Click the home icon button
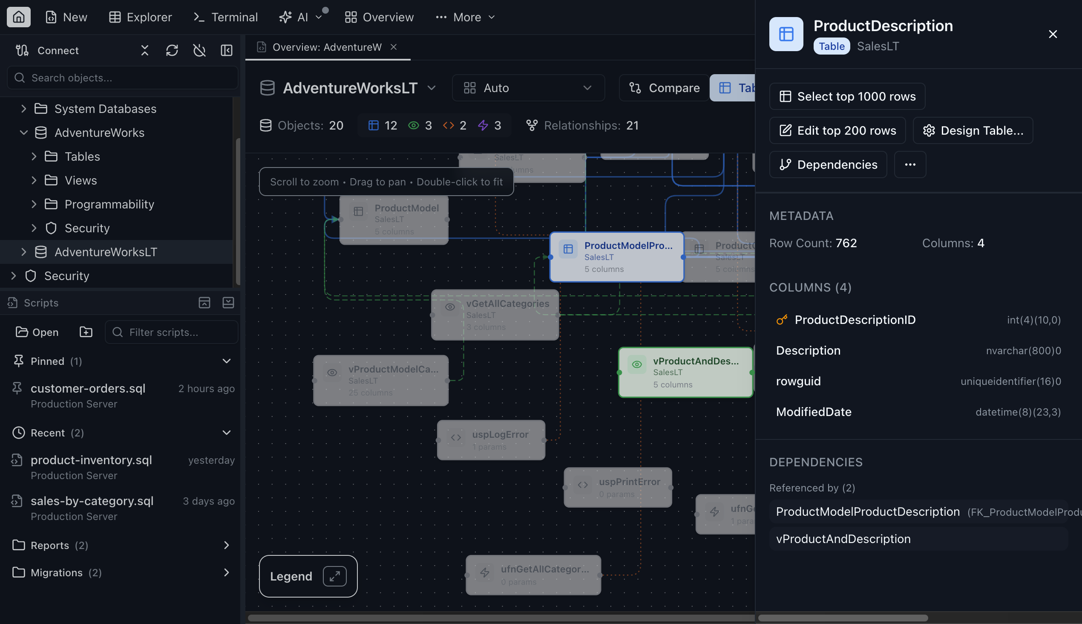click(x=18, y=17)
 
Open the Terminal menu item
click(x=226, y=17)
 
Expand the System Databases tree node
click(x=24, y=109)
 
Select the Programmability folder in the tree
click(x=109, y=205)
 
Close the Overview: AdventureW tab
click(x=394, y=47)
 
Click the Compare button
click(x=665, y=88)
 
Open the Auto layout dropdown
click(x=528, y=88)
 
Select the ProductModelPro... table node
click(x=616, y=257)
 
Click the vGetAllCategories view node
click(x=495, y=315)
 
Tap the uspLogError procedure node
click(x=491, y=440)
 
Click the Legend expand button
click(x=334, y=576)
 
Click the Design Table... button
click(x=973, y=130)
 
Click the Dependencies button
click(x=828, y=165)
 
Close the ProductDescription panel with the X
click(x=1053, y=34)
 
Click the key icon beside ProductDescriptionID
click(x=782, y=320)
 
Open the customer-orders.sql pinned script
click(x=88, y=388)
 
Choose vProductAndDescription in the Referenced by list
click(x=843, y=539)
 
